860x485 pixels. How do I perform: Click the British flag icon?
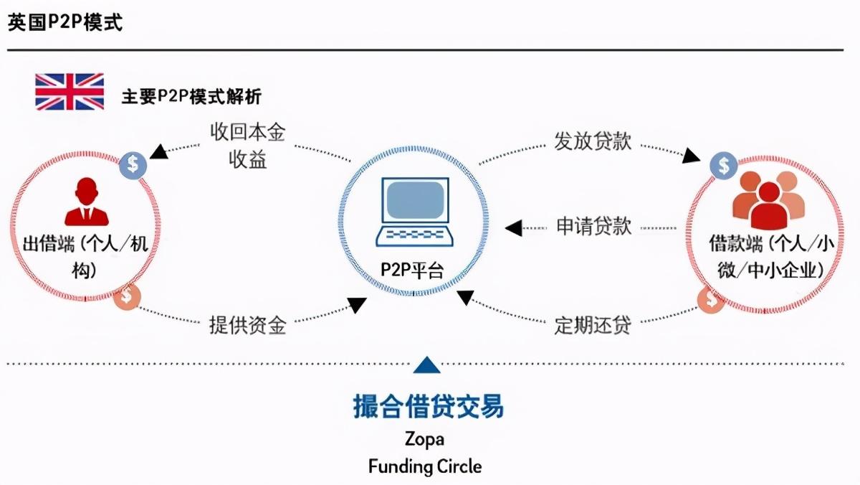point(70,91)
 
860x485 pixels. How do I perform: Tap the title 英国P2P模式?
point(65,22)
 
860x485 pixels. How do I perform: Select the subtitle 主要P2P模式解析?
point(191,96)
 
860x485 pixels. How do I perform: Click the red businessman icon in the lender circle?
point(87,202)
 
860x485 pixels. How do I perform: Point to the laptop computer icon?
point(414,212)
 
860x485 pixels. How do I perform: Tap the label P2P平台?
point(412,270)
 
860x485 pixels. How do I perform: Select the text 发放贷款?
point(593,141)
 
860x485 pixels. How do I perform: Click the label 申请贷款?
point(594,226)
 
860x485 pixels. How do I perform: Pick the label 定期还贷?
point(593,325)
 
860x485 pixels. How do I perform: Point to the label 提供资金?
point(248,325)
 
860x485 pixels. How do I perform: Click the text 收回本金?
point(248,132)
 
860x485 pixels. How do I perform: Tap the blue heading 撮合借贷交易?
point(428,406)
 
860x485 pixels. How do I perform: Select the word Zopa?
point(424,439)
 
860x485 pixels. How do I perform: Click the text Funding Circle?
point(425,466)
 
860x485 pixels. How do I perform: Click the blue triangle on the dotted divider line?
point(426,364)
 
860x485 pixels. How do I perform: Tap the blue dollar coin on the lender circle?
point(133,165)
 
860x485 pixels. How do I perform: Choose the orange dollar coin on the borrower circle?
point(711,300)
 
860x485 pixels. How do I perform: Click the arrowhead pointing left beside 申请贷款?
point(513,228)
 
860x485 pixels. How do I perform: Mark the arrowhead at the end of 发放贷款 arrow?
point(691,155)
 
